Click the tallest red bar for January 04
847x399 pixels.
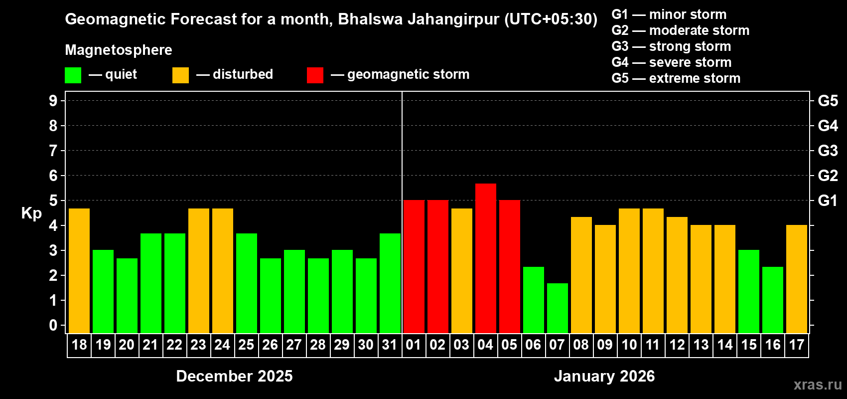click(x=486, y=258)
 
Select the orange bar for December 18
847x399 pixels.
click(x=79, y=271)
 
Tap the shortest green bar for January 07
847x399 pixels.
click(x=558, y=308)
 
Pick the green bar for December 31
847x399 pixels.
click(x=390, y=283)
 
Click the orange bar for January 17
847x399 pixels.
click(x=797, y=279)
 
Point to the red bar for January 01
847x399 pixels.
click(x=414, y=267)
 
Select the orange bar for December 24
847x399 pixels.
click(x=223, y=271)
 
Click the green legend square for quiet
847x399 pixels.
click(x=73, y=75)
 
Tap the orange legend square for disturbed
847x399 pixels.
click(x=181, y=75)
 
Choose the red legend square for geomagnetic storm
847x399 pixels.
click(x=315, y=75)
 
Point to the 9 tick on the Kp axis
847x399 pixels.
click(x=53, y=101)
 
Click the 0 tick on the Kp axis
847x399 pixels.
click(x=53, y=326)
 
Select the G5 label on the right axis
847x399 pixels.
click(x=828, y=101)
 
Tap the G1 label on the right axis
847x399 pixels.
click(x=828, y=200)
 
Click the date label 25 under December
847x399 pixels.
click(x=246, y=345)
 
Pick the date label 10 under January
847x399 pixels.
click(x=629, y=345)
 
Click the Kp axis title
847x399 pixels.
click(x=31, y=213)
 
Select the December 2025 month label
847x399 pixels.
click(x=234, y=376)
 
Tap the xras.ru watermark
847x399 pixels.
click(x=818, y=385)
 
